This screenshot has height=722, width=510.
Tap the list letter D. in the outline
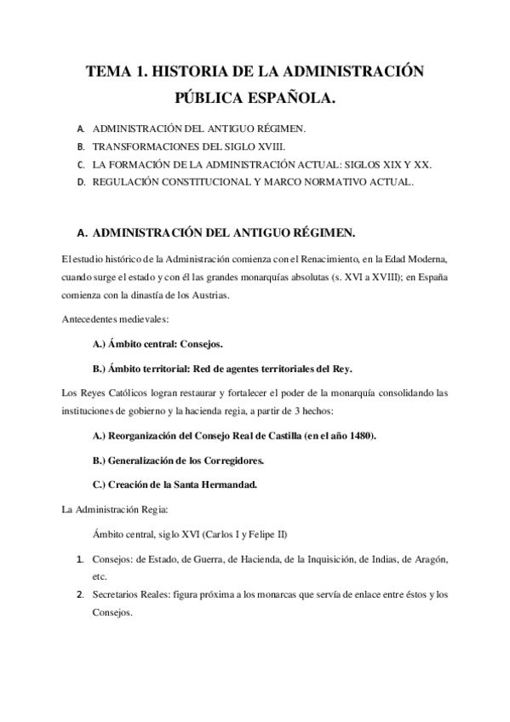click(x=80, y=182)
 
